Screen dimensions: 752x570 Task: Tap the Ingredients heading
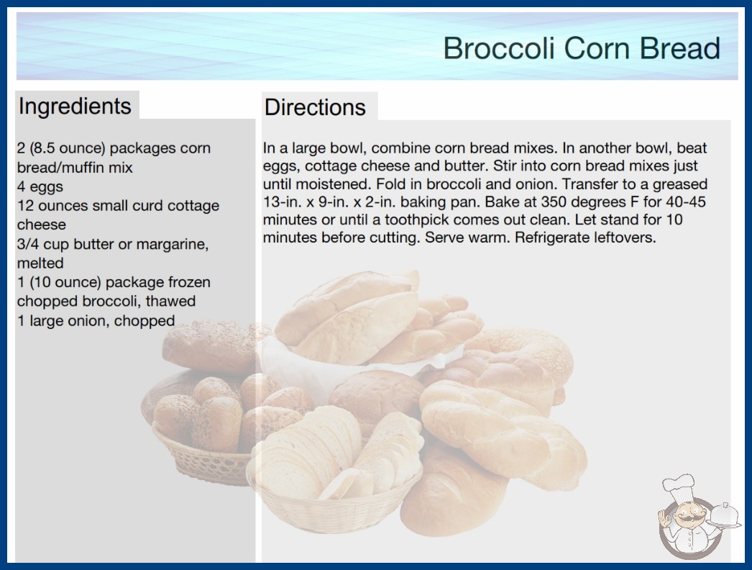[75, 107]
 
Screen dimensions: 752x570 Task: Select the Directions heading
[315, 107]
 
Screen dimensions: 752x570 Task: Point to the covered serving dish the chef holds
[724, 516]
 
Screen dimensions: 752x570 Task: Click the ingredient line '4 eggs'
[40, 186]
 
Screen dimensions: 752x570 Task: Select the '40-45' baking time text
[686, 202]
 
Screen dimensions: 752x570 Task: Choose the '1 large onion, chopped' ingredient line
[96, 321]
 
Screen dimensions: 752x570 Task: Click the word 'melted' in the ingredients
[40, 263]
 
